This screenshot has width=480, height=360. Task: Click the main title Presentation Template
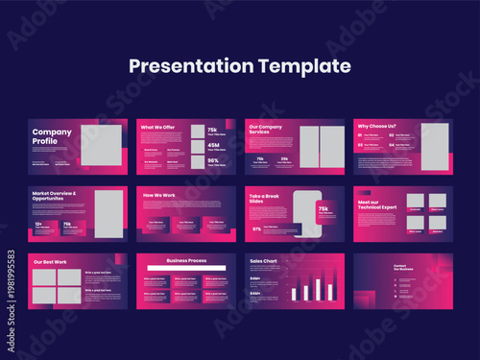(240, 66)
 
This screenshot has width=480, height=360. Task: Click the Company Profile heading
(52, 136)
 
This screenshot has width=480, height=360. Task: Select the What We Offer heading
(157, 127)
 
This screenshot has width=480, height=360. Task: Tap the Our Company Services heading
(266, 129)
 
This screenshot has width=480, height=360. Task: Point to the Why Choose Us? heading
(376, 126)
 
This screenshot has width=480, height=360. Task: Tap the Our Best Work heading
(50, 262)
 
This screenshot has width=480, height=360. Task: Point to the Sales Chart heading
(263, 260)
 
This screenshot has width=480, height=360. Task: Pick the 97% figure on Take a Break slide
(256, 229)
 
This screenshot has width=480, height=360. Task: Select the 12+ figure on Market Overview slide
(38, 225)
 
